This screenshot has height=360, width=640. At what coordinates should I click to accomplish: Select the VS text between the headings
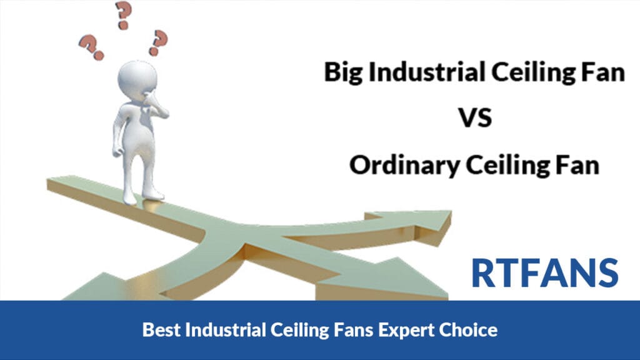[x=475, y=118]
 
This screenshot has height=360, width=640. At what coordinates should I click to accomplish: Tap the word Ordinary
[x=404, y=166]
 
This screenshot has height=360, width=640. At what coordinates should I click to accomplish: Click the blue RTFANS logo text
[x=545, y=273]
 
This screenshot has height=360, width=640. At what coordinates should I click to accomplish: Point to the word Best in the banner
[x=161, y=329]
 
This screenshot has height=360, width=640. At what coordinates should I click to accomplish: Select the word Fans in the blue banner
[x=353, y=329]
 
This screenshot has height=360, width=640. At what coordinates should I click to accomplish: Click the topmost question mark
[x=123, y=15]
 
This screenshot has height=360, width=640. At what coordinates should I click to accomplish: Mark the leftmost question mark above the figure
[x=91, y=47]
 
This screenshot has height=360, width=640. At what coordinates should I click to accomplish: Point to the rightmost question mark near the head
[x=158, y=42]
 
